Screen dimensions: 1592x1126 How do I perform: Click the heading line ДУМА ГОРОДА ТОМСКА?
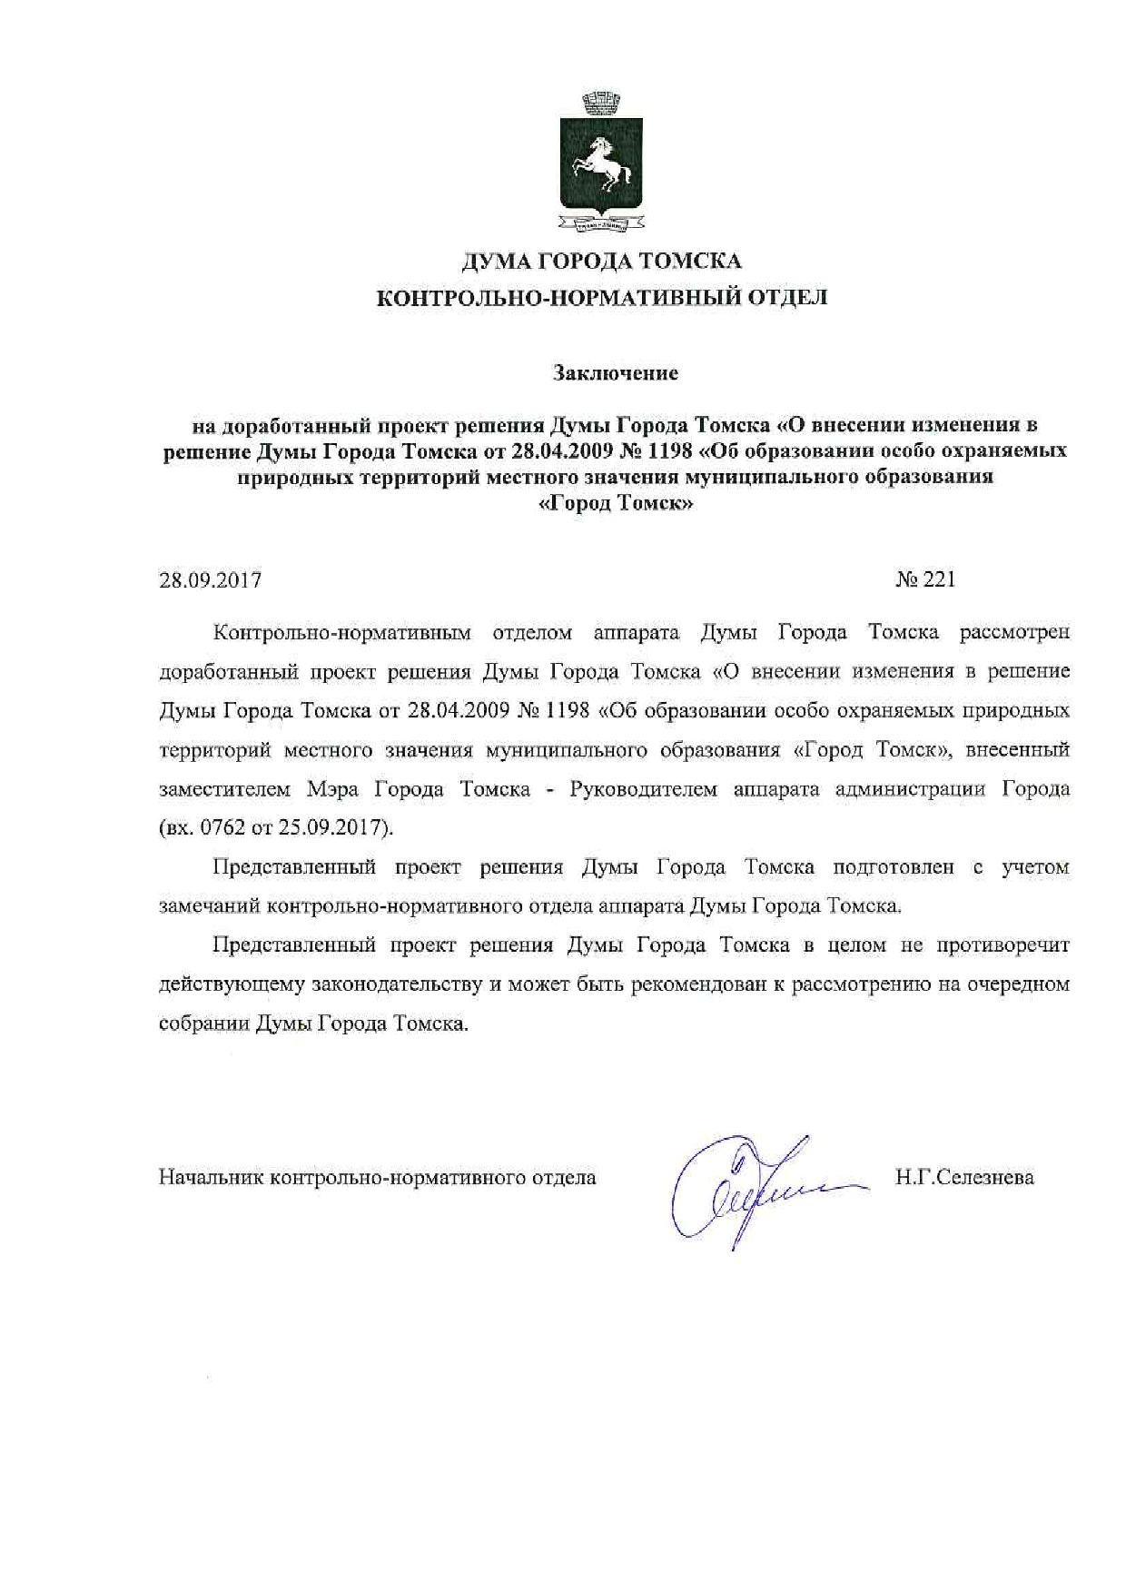coord(601,262)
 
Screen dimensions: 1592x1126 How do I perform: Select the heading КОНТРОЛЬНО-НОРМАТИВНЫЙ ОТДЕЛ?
coord(601,298)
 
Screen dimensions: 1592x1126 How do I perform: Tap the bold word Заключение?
coord(616,372)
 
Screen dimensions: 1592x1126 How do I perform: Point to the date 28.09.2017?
coord(211,579)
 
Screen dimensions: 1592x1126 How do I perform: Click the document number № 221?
coord(925,579)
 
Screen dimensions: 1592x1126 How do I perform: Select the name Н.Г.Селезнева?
coord(963,1178)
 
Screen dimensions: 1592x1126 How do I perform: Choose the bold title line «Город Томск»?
coord(616,505)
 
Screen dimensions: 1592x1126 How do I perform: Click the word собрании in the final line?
coord(203,1023)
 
